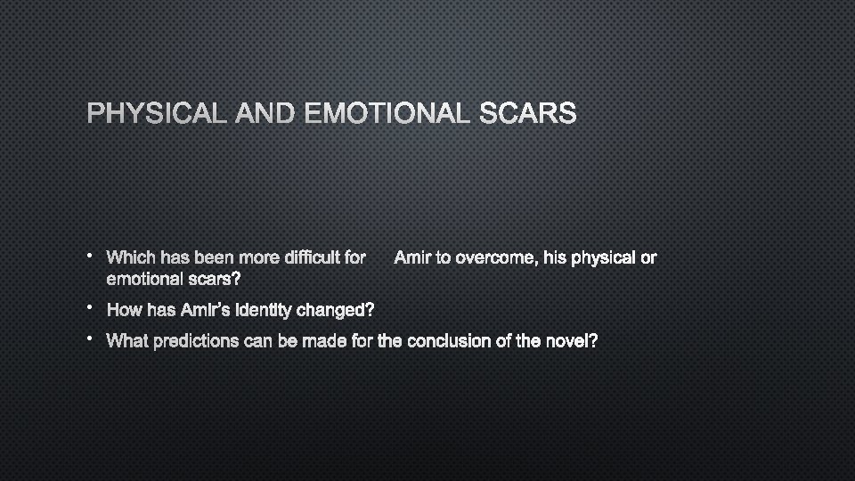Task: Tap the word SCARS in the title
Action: (528, 115)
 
